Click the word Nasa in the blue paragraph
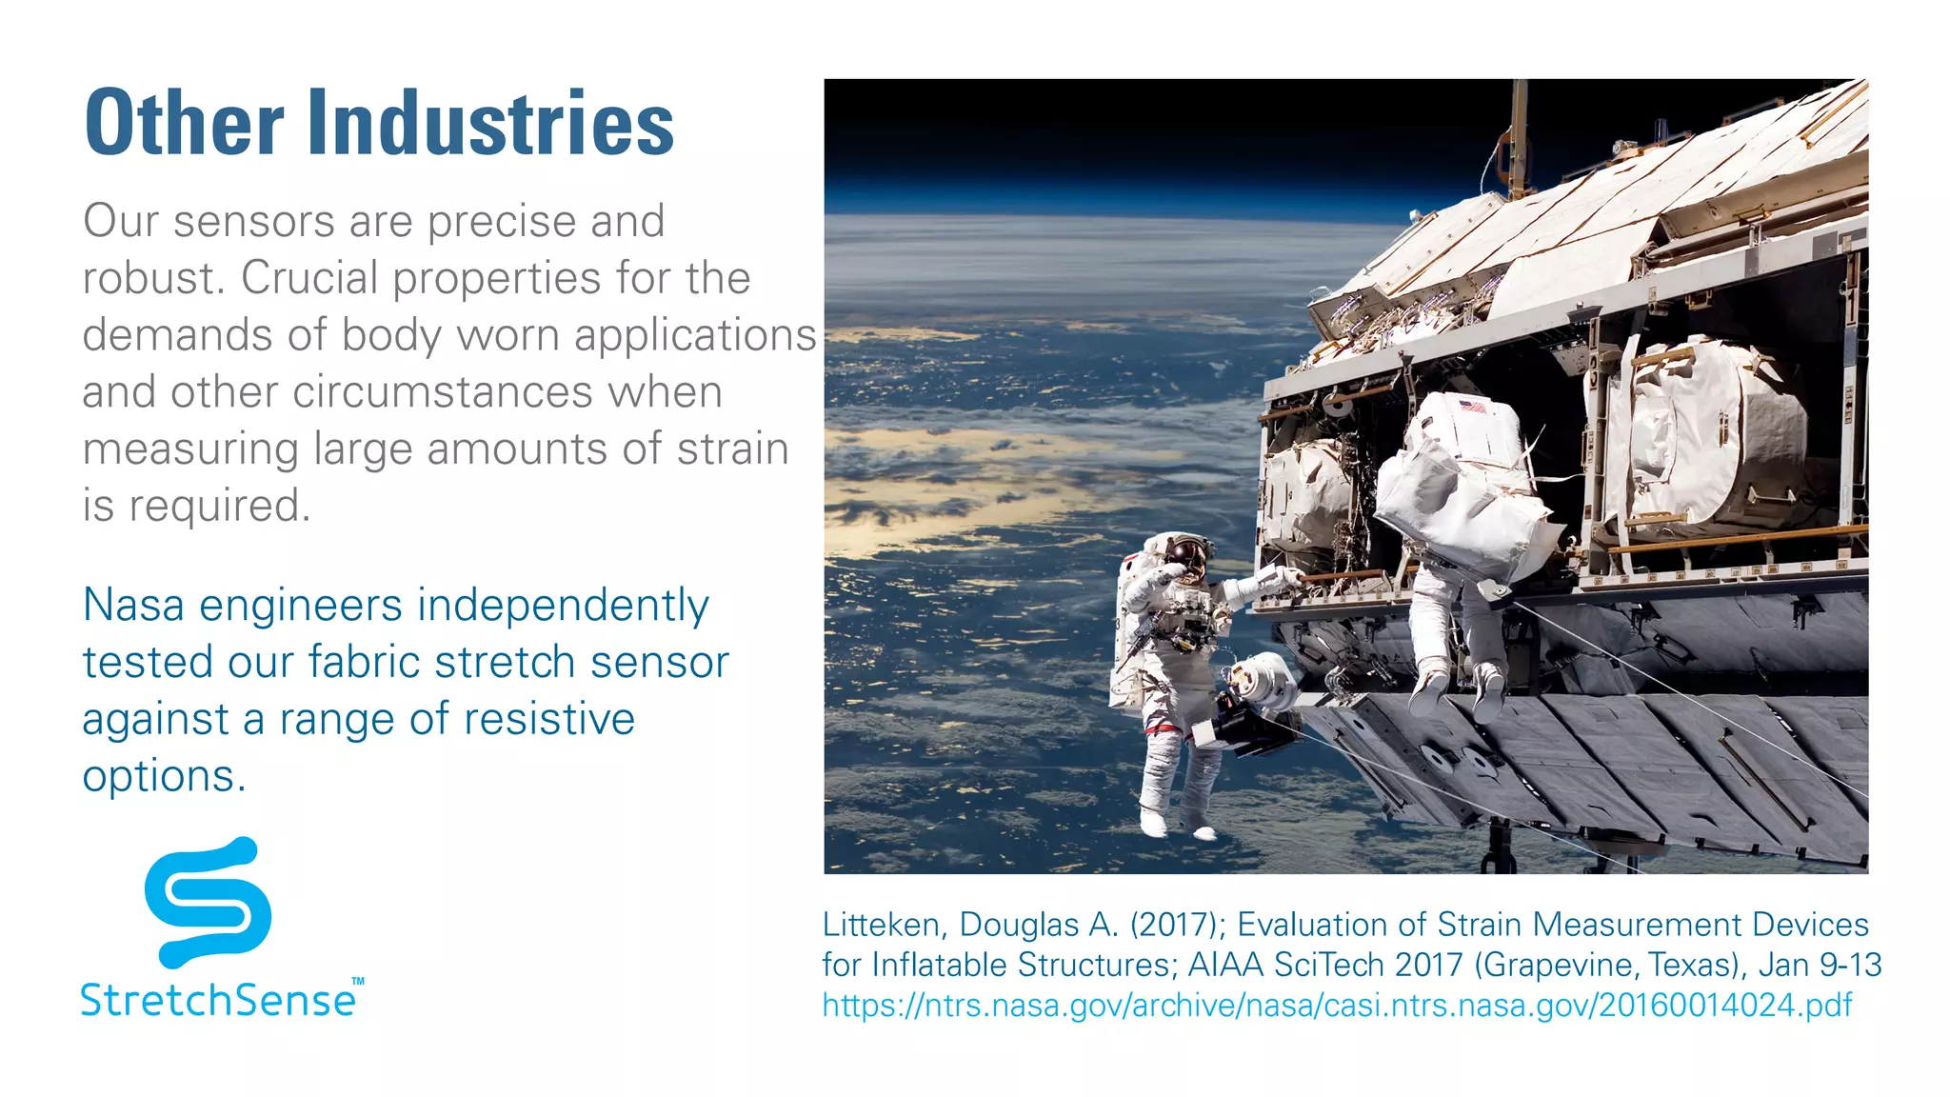tap(133, 606)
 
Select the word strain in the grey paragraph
tap(732, 449)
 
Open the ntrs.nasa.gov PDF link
tap(1337, 1005)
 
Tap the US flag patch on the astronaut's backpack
tap(1472, 407)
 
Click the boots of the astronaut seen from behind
tap(1457, 690)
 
